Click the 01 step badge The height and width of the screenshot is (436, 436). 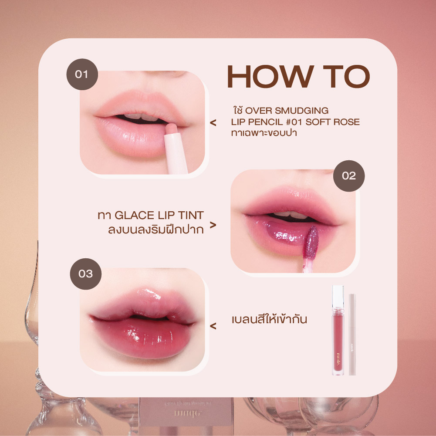tap(82, 74)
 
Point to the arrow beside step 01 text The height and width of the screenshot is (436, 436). tap(213, 123)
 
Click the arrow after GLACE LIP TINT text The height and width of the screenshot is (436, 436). tap(213, 225)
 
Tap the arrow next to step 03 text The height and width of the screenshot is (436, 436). tap(213, 325)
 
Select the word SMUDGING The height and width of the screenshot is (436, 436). tap(302, 110)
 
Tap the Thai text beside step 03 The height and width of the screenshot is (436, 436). tap(270, 320)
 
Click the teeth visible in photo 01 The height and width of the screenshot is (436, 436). tap(139, 117)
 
